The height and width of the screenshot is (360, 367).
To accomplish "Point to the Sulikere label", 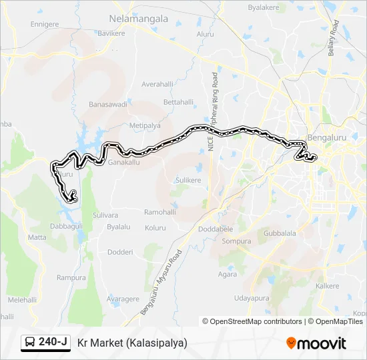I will pos(188,181).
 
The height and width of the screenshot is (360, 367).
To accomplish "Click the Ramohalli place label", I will pos(160,212).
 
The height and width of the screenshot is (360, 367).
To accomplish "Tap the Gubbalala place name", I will pos(280,233).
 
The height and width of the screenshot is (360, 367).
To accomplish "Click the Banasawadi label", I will pos(107,105).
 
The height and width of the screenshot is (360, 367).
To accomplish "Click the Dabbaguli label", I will pos(65,226).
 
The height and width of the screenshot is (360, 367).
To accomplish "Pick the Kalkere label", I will pos(327,285).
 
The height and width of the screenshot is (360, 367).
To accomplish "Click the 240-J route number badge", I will pos(46,342).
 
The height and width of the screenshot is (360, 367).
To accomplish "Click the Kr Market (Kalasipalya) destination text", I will pos(132,343).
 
